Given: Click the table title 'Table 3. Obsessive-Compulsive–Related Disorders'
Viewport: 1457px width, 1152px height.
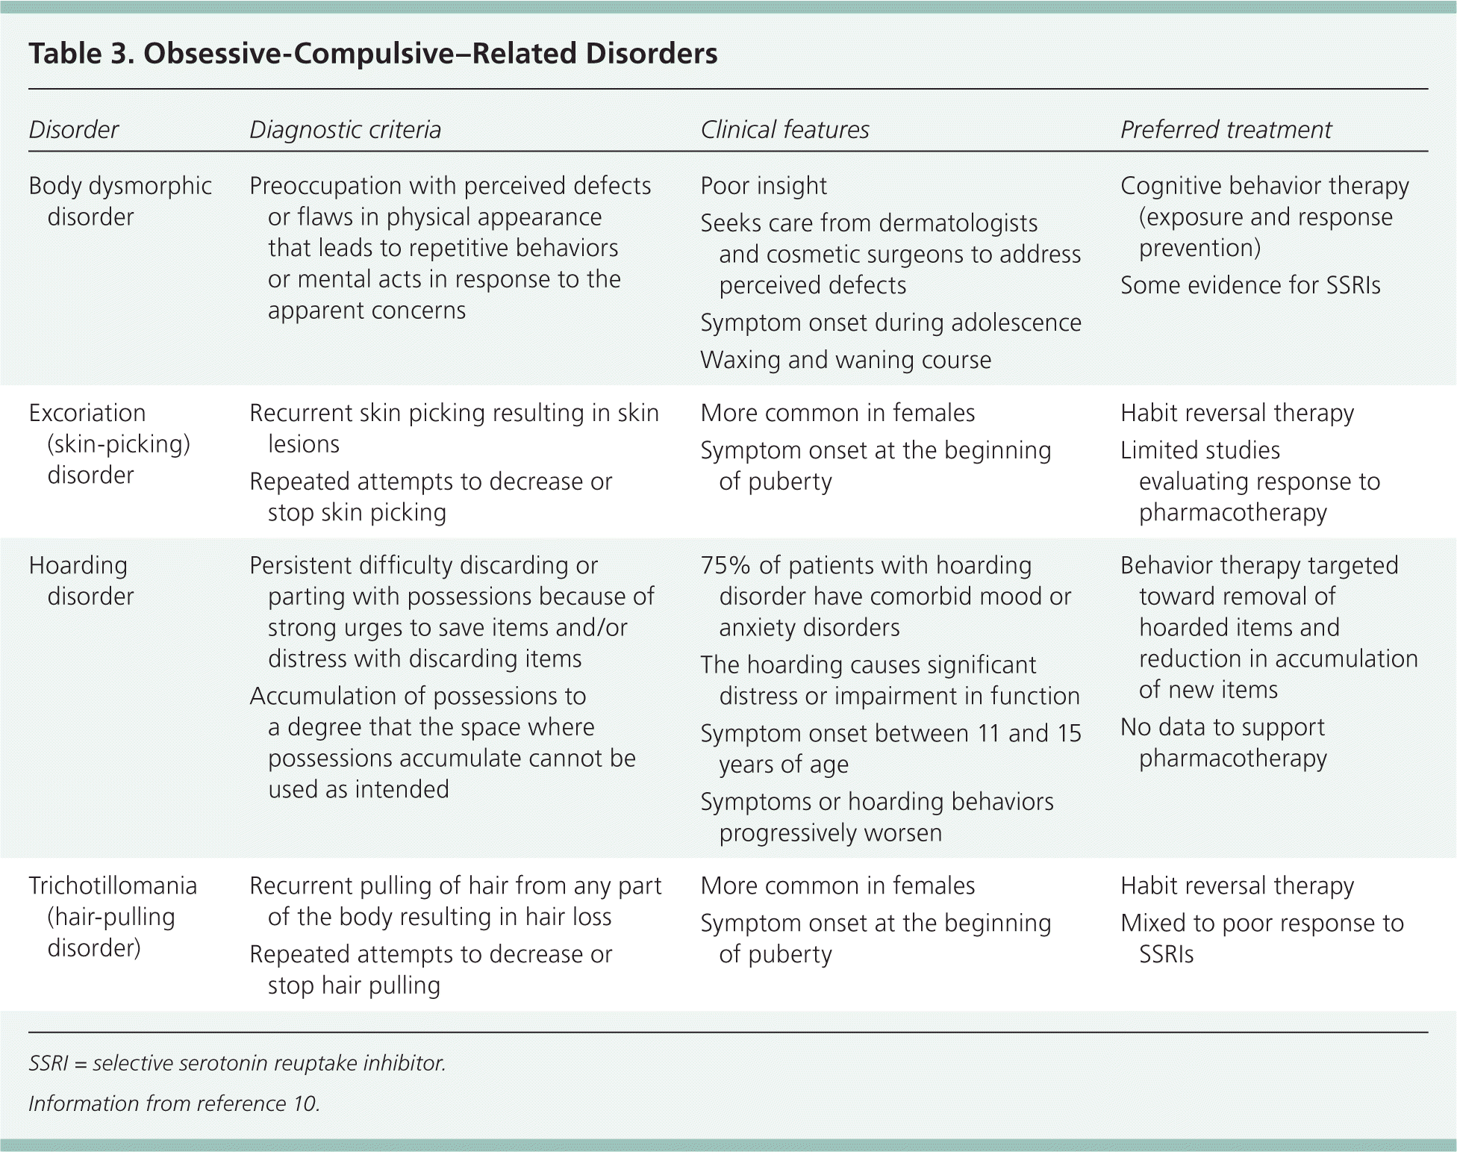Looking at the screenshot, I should [x=372, y=54].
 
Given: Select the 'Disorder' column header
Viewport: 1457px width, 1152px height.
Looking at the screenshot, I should [x=73, y=130].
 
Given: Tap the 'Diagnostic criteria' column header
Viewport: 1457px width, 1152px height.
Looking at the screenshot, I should [x=345, y=130].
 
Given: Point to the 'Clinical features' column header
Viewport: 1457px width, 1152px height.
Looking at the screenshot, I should [x=784, y=130].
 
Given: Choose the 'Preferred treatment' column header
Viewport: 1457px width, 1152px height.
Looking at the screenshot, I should [x=1226, y=130].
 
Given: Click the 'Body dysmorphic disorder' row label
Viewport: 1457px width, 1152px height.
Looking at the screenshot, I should [x=119, y=201].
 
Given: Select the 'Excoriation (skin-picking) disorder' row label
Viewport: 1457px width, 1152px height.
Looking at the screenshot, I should [x=109, y=443].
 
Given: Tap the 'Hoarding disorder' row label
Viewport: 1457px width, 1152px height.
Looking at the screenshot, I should [x=81, y=580].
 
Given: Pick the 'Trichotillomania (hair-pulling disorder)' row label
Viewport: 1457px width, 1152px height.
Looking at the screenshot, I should [x=113, y=916].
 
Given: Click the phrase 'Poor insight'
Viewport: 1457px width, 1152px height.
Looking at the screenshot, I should [x=763, y=186].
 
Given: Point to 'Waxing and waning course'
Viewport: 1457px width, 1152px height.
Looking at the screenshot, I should [x=846, y=360].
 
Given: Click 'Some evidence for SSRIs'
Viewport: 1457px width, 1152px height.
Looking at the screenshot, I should [x=1250, y=285].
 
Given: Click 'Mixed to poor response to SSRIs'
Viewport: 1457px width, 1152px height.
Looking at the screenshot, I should [x=1261, y=938].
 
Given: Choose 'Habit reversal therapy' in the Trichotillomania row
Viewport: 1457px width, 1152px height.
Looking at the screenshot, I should [x=1237, y=885].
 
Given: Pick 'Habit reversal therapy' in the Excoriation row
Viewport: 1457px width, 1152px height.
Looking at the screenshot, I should [x=1237, y=413].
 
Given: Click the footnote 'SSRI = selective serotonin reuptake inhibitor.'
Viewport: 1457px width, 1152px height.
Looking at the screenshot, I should [x=237, y=1063].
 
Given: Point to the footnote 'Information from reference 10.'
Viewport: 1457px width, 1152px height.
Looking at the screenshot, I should [x=174, y=1103].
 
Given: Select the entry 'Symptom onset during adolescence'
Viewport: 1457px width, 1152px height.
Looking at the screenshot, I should [x=890, y=323].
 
